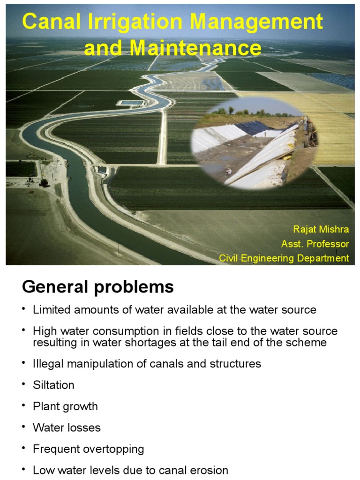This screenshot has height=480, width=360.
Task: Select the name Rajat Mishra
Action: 321,230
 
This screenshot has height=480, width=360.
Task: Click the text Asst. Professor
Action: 315,244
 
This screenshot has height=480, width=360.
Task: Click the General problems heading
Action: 97,287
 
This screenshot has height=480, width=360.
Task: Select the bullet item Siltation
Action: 53,385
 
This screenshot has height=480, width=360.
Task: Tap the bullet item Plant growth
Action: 65,406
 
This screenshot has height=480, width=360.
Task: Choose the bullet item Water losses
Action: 67,427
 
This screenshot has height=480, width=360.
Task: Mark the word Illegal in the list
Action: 47,364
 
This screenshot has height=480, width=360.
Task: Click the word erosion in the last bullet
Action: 210,470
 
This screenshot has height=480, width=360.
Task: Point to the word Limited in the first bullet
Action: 51,310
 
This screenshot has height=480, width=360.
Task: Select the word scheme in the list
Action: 310,342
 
